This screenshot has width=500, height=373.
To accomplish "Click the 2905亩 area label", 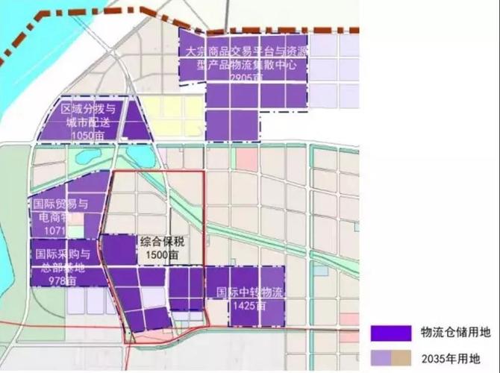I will [x=249, y=76].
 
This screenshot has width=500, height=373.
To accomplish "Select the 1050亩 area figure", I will [x=89, y=134].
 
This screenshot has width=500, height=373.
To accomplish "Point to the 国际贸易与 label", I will [x=60, y=203].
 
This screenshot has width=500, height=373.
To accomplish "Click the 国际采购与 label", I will [x=63, y=254].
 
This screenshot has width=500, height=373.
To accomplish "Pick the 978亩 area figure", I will [x=60, y=280].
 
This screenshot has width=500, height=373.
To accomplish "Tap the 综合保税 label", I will [x=160, y=242].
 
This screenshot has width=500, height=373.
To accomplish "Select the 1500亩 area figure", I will [x=160, y=254].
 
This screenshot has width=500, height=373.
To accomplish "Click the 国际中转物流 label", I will [x=250, y=292].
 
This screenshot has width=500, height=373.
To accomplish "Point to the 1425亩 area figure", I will [x=249, y=305].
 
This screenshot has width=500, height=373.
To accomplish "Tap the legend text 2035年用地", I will [x=450, y=357].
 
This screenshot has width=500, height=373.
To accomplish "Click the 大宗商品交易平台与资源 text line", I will [x=249, y=51].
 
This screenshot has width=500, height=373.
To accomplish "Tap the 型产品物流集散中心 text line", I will [x=249, y=64].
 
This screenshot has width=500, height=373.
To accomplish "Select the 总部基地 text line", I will [x=60, y=266].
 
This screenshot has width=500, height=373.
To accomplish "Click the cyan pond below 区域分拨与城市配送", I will [x=140, y=154].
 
